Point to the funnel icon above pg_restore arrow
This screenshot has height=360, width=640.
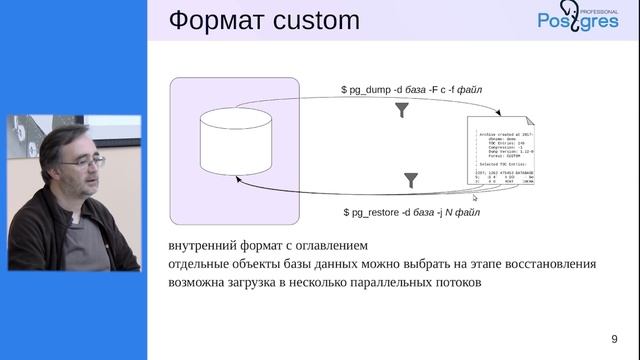pyautogui.click(x=410, y=180)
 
